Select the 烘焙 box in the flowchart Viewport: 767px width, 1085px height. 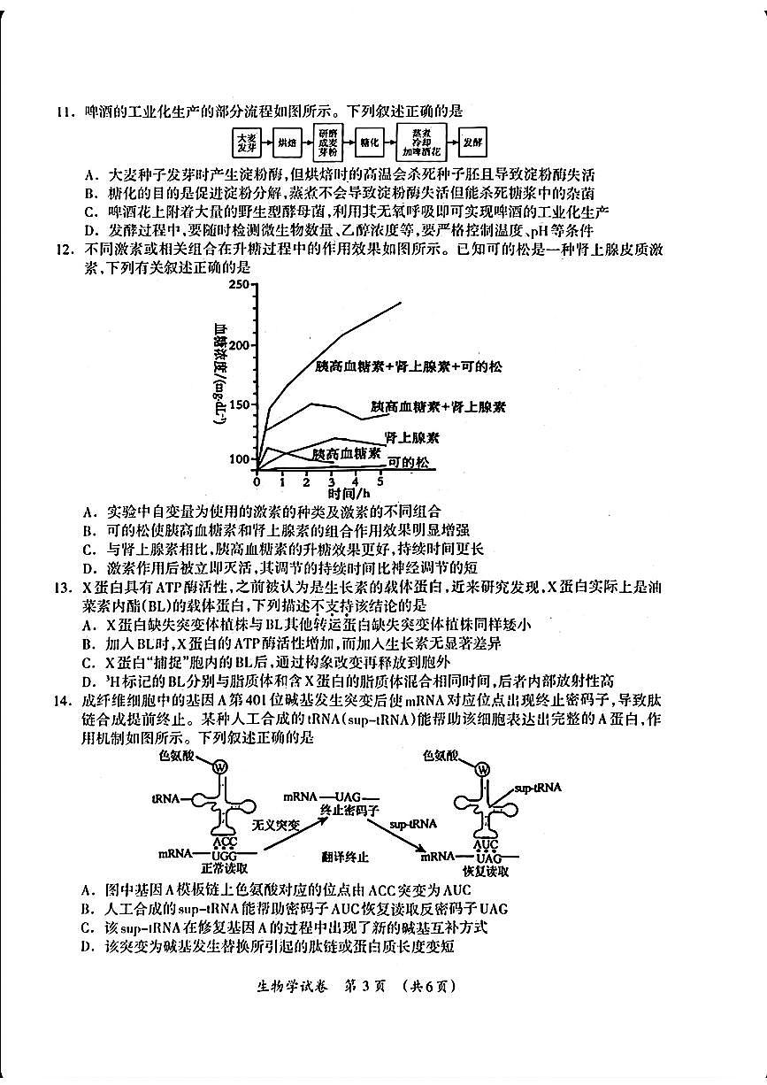click(x=286, y=142)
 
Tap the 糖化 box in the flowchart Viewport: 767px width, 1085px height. click(x=369, y=142)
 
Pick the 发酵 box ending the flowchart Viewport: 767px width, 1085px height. click(x=472, y=142)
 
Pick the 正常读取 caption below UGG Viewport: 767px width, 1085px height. click(x=225, y=869)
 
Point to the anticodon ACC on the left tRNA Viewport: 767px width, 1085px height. click(x=225, y=842)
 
